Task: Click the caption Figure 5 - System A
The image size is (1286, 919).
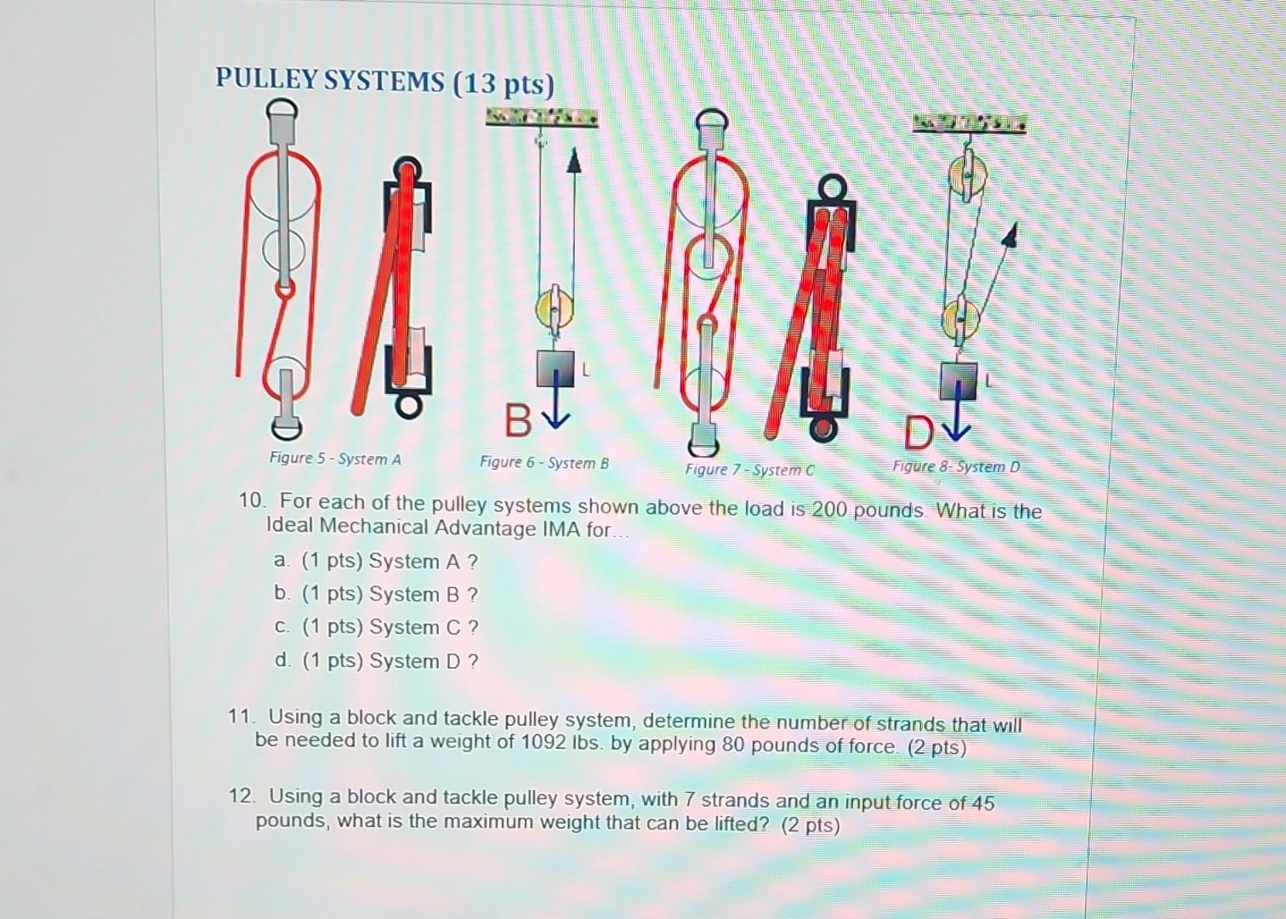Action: click(x=334, y=459)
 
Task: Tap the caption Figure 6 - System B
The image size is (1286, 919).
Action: click(x=543, y=463)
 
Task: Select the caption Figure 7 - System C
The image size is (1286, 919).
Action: click(x=749, y=469)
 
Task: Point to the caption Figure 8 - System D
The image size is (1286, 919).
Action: click(x=956, y=466)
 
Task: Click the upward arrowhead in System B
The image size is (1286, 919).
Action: click(x=574, y=161)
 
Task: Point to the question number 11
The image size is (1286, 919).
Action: click(x=241, y=716)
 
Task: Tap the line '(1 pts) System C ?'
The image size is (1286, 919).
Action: click(x=390, y=627)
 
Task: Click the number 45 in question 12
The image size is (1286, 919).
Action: click(x=982, y=802)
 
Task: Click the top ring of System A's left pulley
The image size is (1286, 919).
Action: click(x=281, y=111)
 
